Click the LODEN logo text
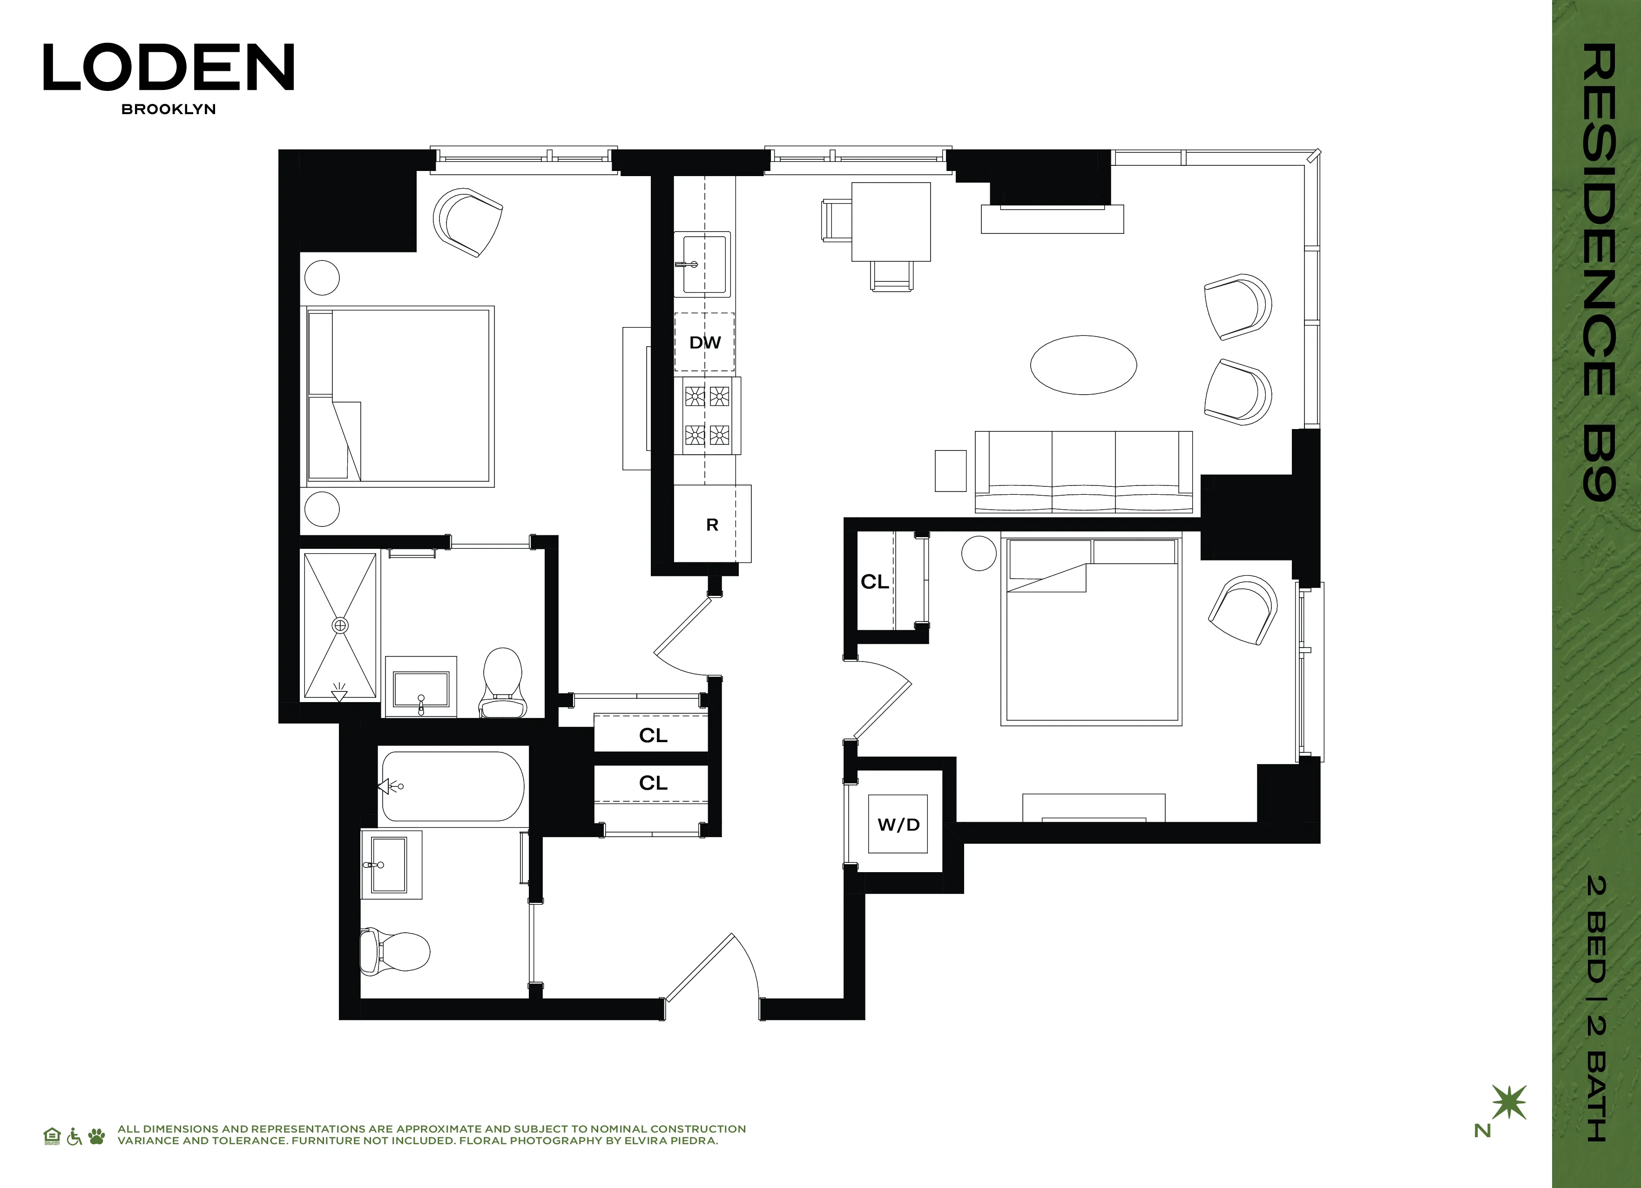click(169, 68)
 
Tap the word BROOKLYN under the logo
click(169, 109)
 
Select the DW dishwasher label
click(705, 342)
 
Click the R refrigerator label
click(712, 525)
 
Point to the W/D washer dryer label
click(898, 825)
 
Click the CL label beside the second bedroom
click(874, 581)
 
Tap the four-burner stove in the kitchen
click(707, 416)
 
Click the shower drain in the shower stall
click(340, 625)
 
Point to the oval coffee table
click(1083, 365)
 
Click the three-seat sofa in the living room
click(1083, 472)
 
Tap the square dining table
click(891, 222)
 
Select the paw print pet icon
click(96, 1137)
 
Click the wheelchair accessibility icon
click(74, 1137)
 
